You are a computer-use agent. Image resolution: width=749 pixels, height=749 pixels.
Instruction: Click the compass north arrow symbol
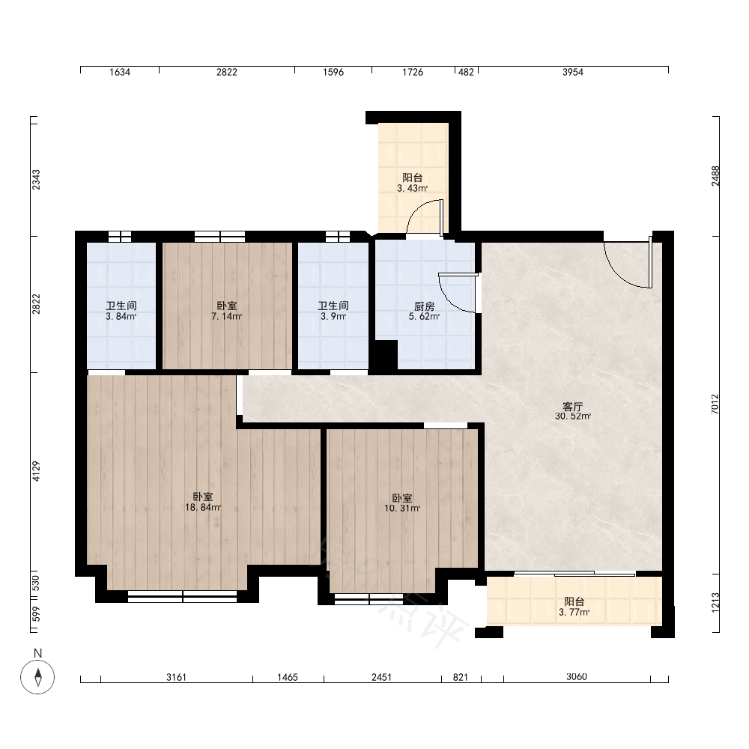tap(37, 676)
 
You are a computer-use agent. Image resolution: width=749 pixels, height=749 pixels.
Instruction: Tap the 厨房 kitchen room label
tap(424, 306)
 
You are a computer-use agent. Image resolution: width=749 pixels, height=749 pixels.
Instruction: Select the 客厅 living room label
tap(572, 407)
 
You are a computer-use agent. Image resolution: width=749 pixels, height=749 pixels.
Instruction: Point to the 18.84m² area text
tap(203, 507)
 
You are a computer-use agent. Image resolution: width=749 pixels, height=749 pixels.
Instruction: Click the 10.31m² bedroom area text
tap(402, 509)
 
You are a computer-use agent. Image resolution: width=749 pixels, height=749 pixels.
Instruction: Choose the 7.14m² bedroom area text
tap(226, 316)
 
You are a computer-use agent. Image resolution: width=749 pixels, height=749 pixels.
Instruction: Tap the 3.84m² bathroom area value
tap(121, 316)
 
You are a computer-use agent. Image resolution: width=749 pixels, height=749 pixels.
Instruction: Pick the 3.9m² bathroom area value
tap(333, 316)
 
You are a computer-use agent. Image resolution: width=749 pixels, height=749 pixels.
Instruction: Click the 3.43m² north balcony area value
tap(412, 188)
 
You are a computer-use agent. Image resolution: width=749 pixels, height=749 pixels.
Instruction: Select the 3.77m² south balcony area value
tap(574, 612)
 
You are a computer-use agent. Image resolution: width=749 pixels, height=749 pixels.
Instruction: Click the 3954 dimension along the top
tap(573, 72)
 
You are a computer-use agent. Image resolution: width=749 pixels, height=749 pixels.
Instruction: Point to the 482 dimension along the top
tap(466, 72)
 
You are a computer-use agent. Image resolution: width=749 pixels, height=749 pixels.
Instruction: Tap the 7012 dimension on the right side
tap(715, 404)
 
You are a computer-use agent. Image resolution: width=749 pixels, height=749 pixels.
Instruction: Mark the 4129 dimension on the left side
tap(36, 471)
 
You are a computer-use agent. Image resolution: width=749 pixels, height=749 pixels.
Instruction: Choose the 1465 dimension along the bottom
tap(288, 677)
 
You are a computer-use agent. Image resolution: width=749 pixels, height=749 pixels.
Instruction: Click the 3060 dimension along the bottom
tap(577, 676)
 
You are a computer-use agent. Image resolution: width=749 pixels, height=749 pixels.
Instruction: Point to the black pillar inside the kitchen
tap(386, 354)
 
